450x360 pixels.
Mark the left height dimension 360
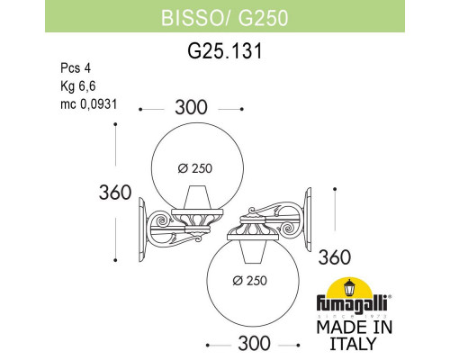tap(116, 193)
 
